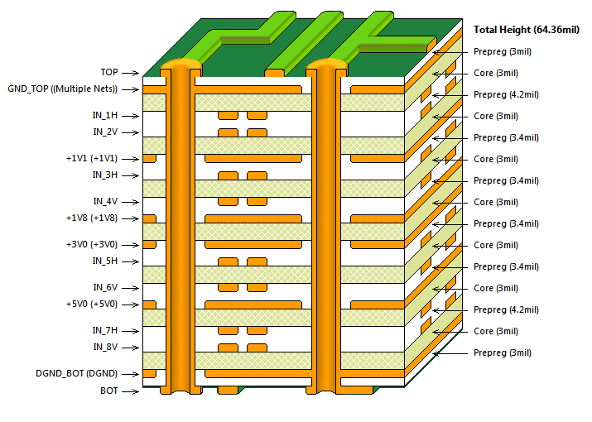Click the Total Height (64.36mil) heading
[525, 29]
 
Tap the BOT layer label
[108, 390]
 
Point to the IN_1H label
[104, 115]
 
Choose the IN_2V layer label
[104, 132]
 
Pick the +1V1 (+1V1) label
[91, 158]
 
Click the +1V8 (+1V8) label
[91, 218]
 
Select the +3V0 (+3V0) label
[91, 244]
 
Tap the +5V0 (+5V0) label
[91, 304]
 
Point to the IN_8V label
[104, 347]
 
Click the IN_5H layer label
[104, 261]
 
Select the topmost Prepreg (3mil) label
[502, 51]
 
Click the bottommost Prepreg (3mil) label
[502, 352]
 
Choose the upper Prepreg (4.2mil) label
[506, 94]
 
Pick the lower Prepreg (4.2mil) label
[506, 309]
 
